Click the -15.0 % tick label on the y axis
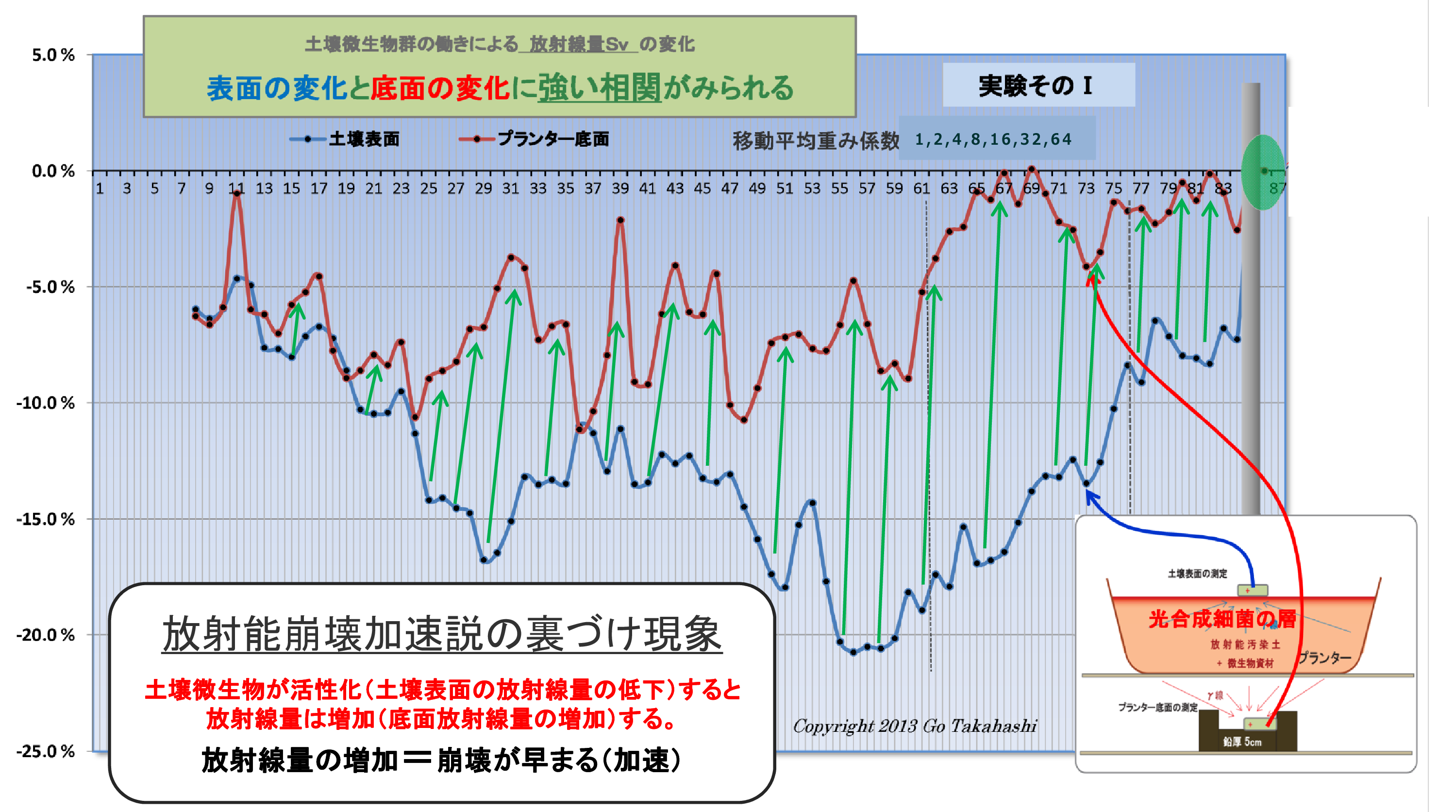[x=46, y=519]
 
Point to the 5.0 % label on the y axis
[x=53, y=55]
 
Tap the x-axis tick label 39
[x=620, y=188]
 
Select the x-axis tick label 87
[x=1277, y=188]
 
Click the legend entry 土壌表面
[x=364, y=139]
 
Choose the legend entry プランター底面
[x=552, y=139]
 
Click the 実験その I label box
[x=1037, y=85]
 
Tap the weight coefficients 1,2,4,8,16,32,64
[x=993, y=139]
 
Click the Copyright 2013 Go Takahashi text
[x=915, y=726]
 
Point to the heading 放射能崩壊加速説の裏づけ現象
[x=442, y=634]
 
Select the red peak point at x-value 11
[x=237, y=193]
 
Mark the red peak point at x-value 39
[x=620, y=220]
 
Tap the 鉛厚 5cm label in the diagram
[x=1242, y=742]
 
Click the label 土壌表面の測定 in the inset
[x=1197, y=574]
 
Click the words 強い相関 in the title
[x=600, y=88]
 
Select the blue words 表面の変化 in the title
[x=277, y=88]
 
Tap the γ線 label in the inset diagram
[x=1215, y=695]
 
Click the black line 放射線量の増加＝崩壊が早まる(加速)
[x=441, y=760]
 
